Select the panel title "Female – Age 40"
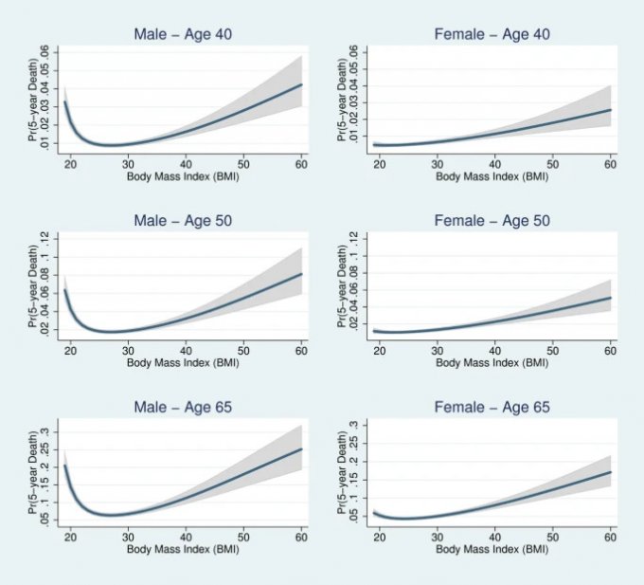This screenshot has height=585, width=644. (492, 34)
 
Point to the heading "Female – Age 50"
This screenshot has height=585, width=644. (492, 221)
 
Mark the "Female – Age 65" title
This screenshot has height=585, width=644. (492, 408)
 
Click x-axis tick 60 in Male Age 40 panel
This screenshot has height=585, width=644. (301, 163)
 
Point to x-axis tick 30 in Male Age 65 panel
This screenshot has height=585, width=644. (128, 537)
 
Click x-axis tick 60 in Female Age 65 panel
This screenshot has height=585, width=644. (610, 537)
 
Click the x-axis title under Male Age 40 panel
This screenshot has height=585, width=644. (183, 176)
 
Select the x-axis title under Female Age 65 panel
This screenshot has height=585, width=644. (492, 550)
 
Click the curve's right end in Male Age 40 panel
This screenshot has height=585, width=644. (301, 84)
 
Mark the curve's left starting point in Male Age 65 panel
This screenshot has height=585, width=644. (64, 466)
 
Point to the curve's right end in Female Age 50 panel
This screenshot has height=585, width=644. (611, 298)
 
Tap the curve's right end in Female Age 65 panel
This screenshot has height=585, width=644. (611, 472)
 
